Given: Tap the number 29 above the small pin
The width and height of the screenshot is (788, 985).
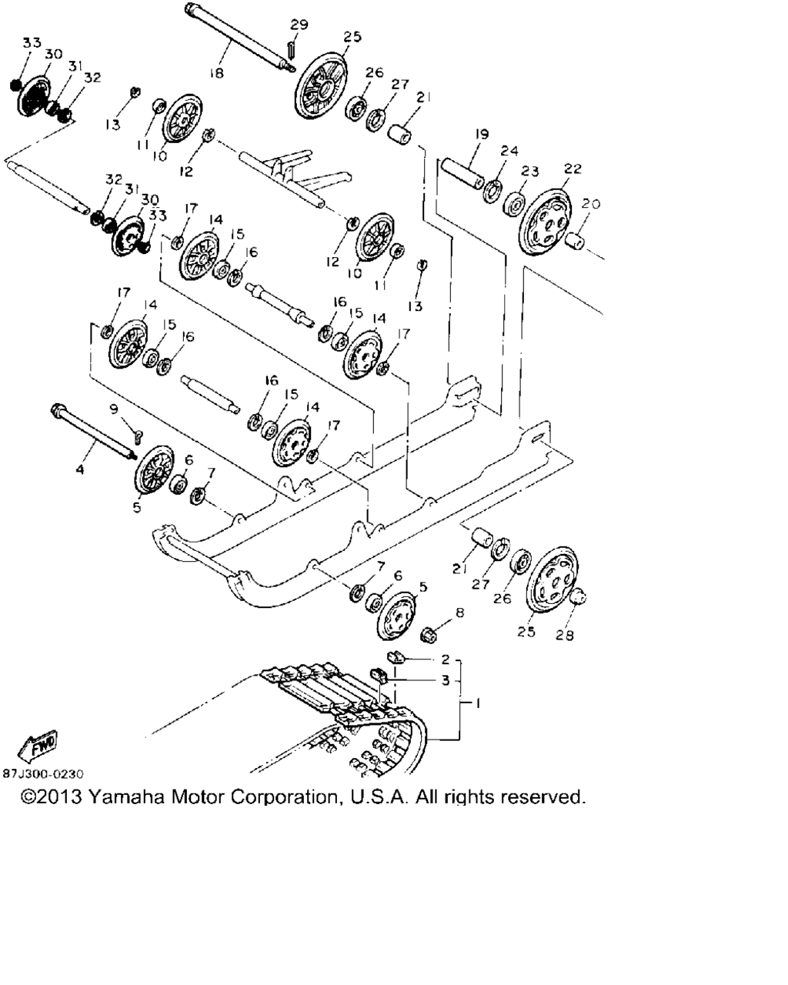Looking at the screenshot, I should pos(299,25).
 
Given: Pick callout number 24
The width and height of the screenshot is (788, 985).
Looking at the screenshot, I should pos(510,151).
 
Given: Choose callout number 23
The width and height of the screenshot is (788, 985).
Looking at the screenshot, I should pos(530,171).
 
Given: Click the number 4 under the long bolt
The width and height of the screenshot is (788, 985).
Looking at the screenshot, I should pos(80,467).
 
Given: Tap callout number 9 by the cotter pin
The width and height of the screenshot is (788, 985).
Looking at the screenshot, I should pos(114,409).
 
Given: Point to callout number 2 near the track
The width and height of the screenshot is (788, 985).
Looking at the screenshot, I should pos(445,659).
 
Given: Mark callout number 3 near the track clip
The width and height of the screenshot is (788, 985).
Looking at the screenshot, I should pos(445,680).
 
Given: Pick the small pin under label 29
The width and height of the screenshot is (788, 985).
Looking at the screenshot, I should pos(292,48).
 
